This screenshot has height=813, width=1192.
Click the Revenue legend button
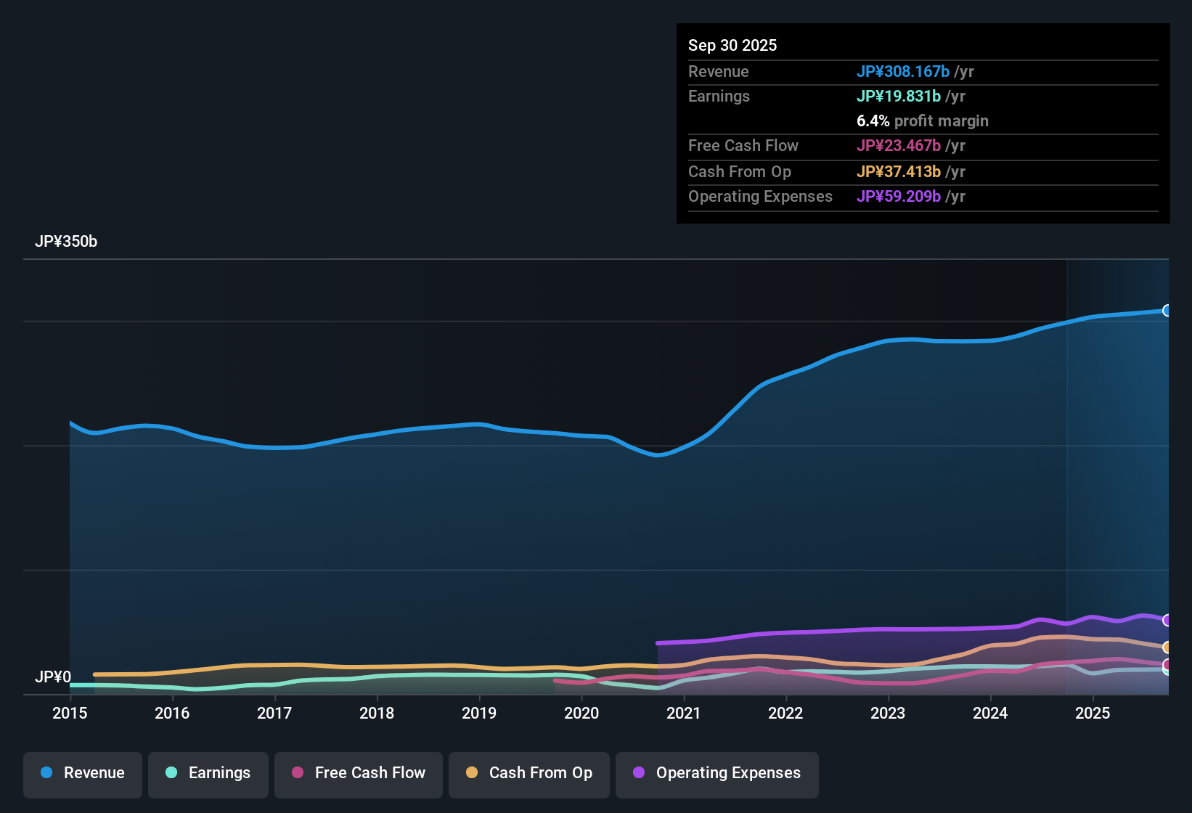(x=83, y=773)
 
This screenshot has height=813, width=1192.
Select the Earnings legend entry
(x=208, y=773)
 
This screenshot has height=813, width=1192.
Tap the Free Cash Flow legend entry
(x=359, y=773)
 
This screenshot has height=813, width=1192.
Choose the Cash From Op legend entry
(x=529, y=773)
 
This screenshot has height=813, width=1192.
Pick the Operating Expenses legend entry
(x=717, y=773)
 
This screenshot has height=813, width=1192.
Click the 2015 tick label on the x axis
(x=70, y=713)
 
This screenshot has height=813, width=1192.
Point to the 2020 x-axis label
(x=581, y=713)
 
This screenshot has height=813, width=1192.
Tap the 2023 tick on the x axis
(x=888, y=713)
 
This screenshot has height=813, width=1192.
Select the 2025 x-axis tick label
(x=1093, y=713)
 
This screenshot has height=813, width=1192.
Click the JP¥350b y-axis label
(x=66, y=242)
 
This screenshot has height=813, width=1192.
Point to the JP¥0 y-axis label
(x=53, y=677)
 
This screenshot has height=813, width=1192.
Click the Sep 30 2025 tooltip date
(x=732, y=45)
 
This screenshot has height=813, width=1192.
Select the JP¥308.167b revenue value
(x=903, y=71)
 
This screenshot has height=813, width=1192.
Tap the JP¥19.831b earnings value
(x=899, y=96)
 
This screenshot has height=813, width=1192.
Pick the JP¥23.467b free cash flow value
(x=899, y=145)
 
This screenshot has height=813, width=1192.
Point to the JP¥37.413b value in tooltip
(x=899, y=171)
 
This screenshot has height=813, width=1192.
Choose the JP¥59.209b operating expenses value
(x=899, y=196)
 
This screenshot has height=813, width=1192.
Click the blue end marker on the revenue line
(x=1167, y=311)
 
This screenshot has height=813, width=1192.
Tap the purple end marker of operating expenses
(x=1167, y=620)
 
